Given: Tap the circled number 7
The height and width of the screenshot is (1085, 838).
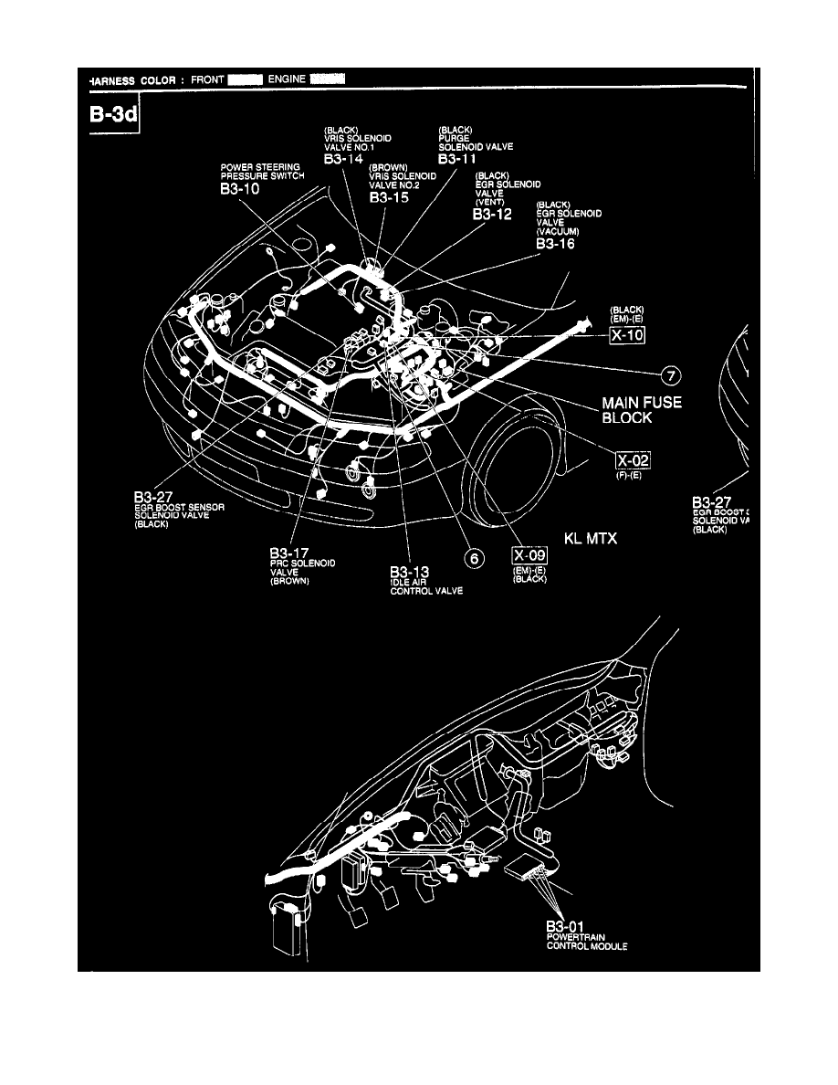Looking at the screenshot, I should point(671,374).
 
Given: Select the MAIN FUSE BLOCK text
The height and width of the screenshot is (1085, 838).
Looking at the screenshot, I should point(641,409).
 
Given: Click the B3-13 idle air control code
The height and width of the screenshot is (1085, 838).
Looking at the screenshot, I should point(410,571).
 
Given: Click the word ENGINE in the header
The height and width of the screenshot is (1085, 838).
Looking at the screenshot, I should point(287,79).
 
